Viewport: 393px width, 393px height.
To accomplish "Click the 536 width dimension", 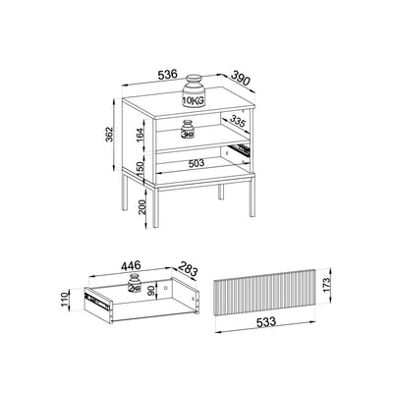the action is pyautogui.click(x=167, y=75).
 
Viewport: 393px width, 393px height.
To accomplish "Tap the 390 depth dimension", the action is pyautogui.click(x=241, y=79).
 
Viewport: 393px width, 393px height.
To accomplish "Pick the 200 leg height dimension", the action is pyautogui.click(x=142, y=207).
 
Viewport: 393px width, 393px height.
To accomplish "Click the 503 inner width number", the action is pyautogui.click(x=196, y=163).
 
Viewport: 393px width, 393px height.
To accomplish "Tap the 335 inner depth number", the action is pyautogui.click(x=238, y=122).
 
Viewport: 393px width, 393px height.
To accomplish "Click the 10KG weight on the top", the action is pyautogui.click(x=194, y=90).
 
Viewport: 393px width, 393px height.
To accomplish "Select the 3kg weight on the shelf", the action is pyautogui.click(x=188, y=130).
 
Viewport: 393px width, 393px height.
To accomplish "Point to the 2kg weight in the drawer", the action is pyautogui.click(x=134, y=283).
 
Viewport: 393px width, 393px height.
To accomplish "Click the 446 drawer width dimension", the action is pyautogui.click(x=131, y=265).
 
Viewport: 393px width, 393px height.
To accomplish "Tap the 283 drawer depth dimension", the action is pyautogui.click(x=189, y=268).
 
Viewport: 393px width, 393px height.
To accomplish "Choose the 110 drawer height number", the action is pyautogui.click(x=64, y=298).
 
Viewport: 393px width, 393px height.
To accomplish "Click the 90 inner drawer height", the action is pyautogui.click(x=151, y=291).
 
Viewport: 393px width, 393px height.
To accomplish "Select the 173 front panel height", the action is pyautogui.click(x=325, y=286).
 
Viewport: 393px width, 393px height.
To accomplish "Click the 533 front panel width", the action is pyautogui.click(x=266, y=322).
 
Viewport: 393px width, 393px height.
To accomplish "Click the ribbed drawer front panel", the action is pyautogui.click(x=265, y=293).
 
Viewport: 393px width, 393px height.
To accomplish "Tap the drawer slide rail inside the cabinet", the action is pyautogui.click(x=240, y=149).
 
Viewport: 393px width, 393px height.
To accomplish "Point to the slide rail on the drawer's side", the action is pyautogui.click(x=97, y=302).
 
